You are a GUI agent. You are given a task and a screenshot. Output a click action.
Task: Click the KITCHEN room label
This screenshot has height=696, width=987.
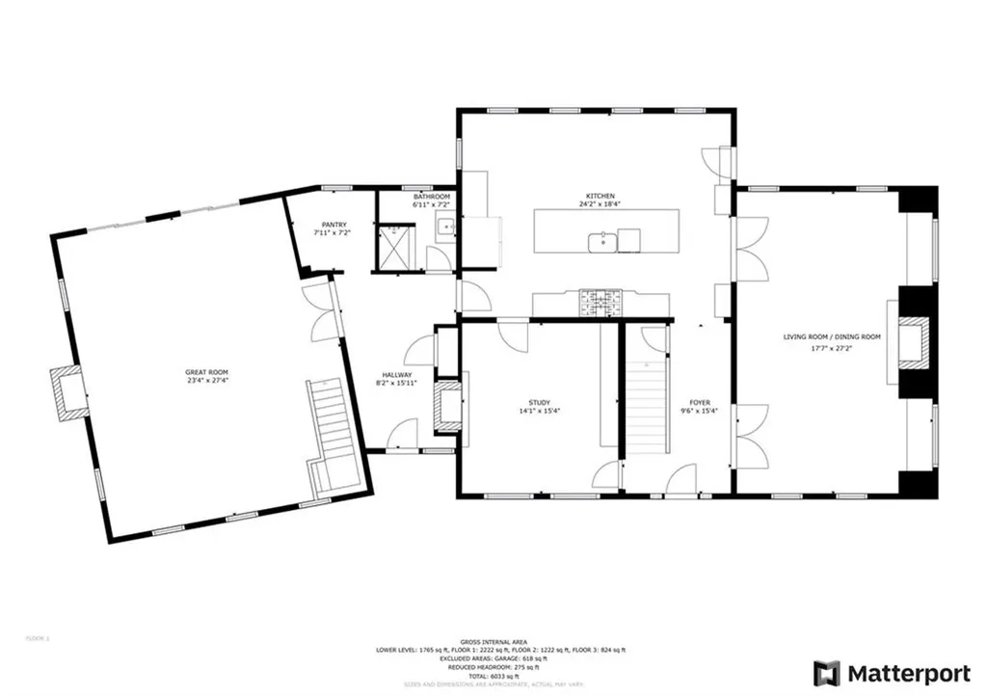[598, 196]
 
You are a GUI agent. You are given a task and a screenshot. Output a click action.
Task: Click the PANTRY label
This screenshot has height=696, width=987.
[331, 224]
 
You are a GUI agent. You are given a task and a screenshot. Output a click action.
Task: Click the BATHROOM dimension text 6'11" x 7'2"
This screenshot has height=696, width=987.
[431, 205]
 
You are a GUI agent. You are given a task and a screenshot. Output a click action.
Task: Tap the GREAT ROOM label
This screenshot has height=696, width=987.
[206, 372]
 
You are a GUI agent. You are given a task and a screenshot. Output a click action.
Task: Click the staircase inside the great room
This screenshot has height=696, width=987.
[331, 424]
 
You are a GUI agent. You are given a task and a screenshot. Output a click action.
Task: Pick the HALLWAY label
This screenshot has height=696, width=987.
[397, 375]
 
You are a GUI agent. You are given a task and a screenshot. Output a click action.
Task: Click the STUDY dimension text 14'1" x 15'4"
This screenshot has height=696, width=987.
[539, 412]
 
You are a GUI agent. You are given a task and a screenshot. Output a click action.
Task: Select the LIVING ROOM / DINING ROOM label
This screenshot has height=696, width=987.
[832, 336]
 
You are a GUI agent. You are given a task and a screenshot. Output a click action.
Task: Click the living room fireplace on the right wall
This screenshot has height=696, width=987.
[913, 342]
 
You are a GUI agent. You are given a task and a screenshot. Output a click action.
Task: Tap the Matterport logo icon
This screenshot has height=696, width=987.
[826, 672]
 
